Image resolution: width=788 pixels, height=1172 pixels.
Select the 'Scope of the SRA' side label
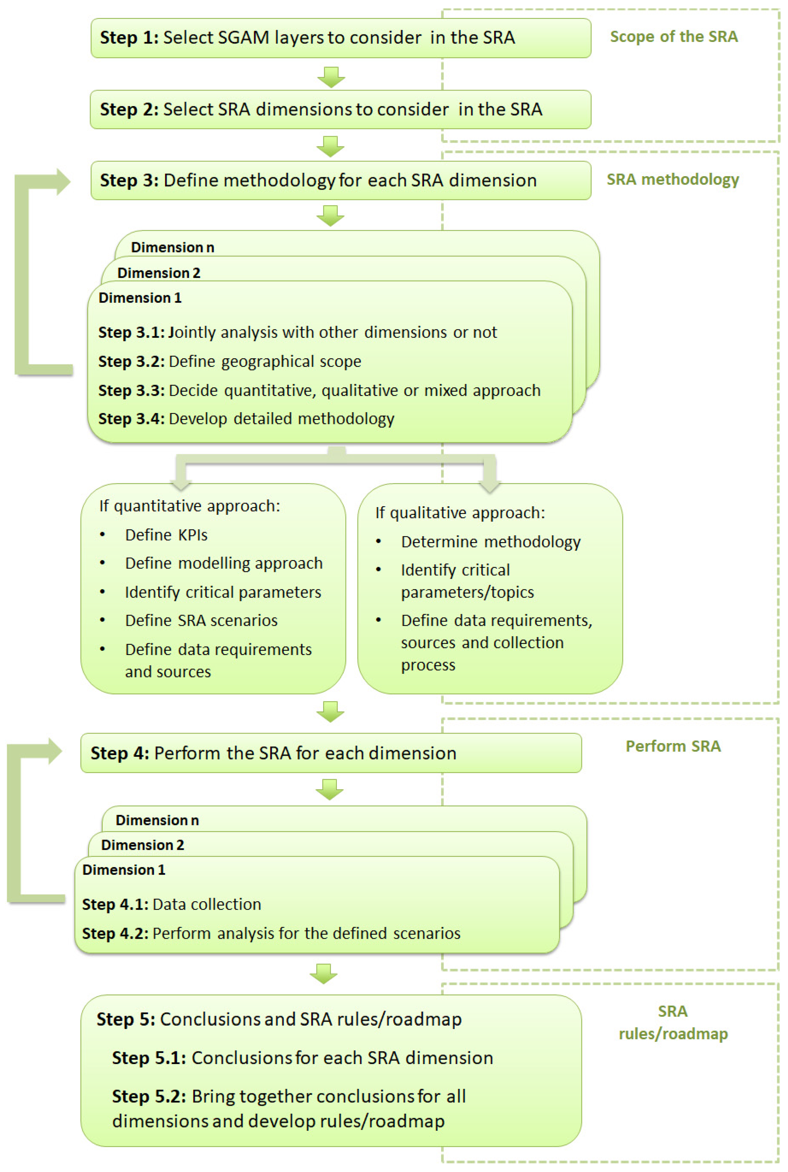[x=674, y=37]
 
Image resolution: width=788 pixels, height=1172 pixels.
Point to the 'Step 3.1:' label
[x=131, y=332]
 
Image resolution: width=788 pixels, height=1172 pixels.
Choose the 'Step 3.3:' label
[x=131, y=390]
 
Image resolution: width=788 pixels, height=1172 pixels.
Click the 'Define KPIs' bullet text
[x=166, y=535]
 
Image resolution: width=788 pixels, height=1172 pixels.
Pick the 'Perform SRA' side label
[x=673, y=746]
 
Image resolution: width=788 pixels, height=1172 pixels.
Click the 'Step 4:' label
[x=120, y=753]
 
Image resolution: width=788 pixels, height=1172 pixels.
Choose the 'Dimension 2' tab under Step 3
[x=159, y=273]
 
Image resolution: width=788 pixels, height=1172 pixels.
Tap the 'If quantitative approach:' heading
[x=190, y=506]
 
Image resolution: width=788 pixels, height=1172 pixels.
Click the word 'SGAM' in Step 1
[x=244, y=38]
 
